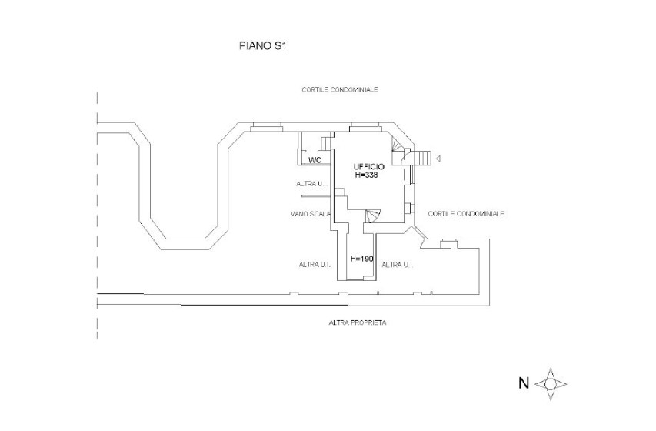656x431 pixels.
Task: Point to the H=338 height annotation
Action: [367, 175]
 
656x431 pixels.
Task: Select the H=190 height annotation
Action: [361, 259]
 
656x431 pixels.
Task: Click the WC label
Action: [314, 160]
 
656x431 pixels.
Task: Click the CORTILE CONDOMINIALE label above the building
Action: [339, 90]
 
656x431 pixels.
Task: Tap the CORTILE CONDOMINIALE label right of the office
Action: [466, 213]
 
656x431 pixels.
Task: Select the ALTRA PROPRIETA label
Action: [357, 322]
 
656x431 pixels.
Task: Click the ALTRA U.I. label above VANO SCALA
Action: [312, 184]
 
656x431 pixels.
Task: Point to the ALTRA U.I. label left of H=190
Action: [315, 264]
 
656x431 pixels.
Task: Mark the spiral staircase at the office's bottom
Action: [372, 218]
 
